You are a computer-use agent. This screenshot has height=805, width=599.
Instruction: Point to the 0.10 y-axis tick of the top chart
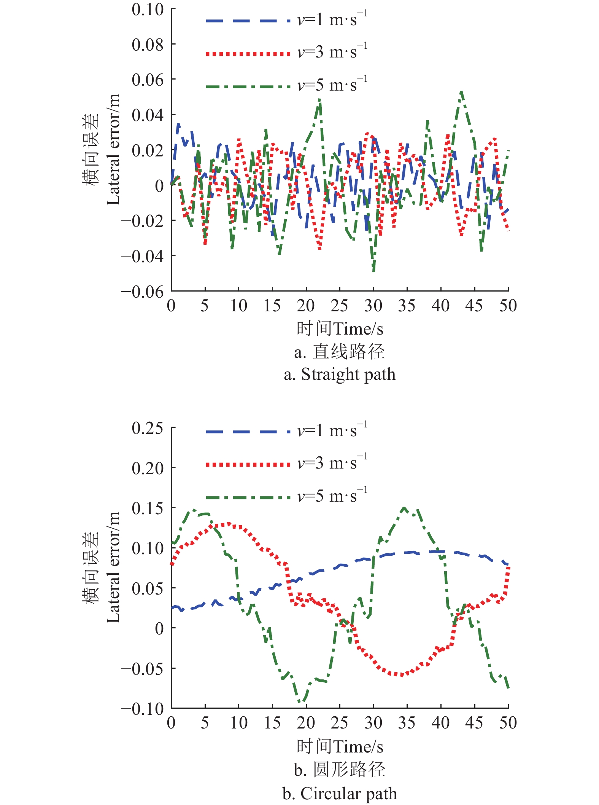[x=148, y=10]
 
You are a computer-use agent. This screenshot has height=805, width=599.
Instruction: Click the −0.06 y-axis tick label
[x=142, y=292]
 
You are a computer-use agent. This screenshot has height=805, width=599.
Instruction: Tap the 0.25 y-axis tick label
[x=148, y=428]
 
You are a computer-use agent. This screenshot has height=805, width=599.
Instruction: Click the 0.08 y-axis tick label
[x=148, y=45]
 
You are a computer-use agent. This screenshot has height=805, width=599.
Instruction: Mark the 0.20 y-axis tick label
[x=148, y=468]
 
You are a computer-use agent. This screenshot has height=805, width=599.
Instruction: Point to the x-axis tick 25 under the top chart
[x=339, y=306]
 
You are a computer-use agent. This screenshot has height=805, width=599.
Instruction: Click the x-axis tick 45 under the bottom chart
[x=474, y=723]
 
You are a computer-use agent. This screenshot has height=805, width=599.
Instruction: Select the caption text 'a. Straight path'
[x=340, y=375]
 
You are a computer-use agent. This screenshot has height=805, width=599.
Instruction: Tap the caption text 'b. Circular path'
[x=340, y=794]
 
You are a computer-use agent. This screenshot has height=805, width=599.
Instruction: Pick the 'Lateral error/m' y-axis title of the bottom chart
[x=113, y=567]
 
